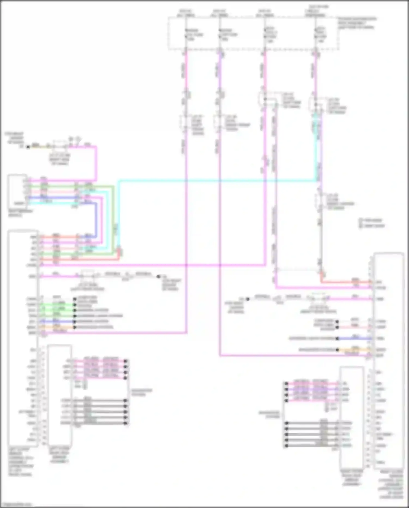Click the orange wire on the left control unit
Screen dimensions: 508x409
(57, 327)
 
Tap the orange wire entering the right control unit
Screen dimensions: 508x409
(354, 350)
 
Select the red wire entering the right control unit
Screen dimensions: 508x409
(346, 282)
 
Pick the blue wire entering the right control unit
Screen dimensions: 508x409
(354, 338)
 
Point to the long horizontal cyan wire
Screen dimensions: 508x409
(218, 180)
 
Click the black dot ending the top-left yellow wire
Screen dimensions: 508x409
(28, 147)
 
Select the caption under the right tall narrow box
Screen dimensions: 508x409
(351, 478)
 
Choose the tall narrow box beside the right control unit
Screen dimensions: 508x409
(352, 418)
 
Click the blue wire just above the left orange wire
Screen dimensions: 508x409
(57, 322)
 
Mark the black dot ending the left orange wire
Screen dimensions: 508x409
(74, 327)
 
